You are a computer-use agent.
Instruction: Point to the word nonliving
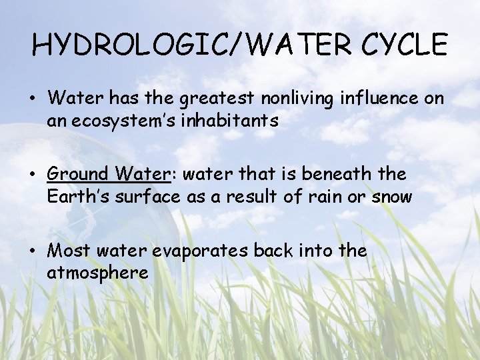click(297, 98)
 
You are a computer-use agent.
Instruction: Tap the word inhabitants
click(228, 121)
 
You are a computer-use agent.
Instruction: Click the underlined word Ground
click(77, 175)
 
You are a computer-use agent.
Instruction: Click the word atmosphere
click(97, 273)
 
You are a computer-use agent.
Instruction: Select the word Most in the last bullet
click(69, 251)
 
